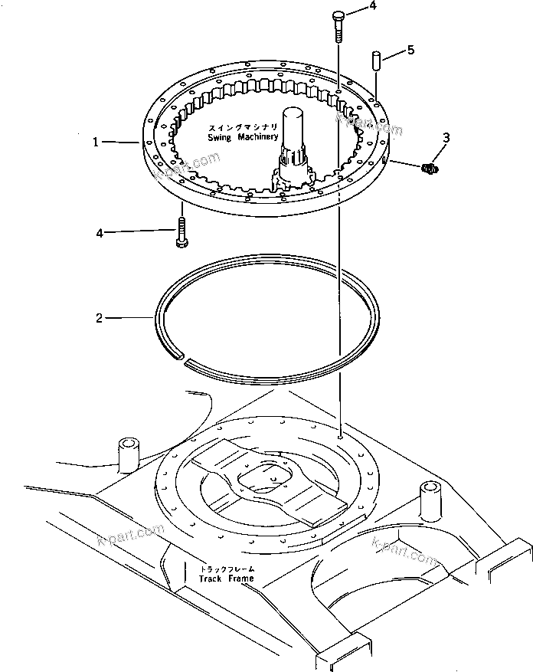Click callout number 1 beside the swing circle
[x=96, y=142]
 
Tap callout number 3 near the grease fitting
[x=446, y=137]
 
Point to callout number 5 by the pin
[x=410, y=50]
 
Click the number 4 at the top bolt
[x=373, y=6]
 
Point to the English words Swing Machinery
[x=244, y=136]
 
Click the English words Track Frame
[x=226, y=578]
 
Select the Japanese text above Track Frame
[x=227, y=569]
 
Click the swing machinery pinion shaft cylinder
[x=294, y=126]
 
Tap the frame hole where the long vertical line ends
[x=338, y=434]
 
